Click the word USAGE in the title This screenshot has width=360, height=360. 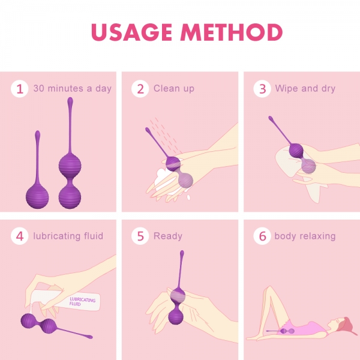(131, 32)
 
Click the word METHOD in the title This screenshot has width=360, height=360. (232, 32)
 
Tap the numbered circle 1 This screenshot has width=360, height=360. (20, 89)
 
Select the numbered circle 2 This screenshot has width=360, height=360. (140, 89)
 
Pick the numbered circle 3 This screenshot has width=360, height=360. (262, 89)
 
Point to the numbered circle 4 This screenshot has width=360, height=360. (20, 236)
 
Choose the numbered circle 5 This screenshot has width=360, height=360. (140, 236)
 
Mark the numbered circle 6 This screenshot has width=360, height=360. (262, 236)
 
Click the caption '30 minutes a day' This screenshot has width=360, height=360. (73, 88)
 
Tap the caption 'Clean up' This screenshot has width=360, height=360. (174, 89)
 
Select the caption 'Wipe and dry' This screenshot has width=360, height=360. (305, 89)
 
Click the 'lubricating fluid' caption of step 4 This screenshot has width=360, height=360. (68, 236)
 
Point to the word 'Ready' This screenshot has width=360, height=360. (168, 236)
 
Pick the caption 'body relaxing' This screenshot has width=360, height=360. (305, 236)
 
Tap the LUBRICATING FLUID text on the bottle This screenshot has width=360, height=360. (82, 302)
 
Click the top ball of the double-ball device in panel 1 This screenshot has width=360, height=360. (70, 166)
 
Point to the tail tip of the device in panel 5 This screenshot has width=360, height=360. (182, 253)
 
